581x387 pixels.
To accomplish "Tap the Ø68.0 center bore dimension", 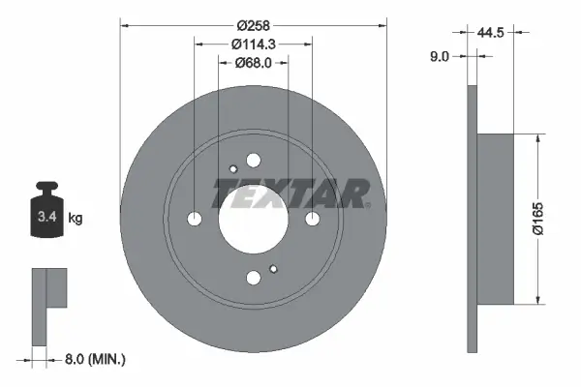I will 253,64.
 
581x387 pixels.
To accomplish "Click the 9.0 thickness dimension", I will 439,57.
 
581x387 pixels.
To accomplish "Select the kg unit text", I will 76,219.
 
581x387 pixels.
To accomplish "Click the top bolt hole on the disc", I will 254,161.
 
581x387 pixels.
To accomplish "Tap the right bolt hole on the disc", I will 312,220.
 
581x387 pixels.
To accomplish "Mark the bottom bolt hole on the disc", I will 254,278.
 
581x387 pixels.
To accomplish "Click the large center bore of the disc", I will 253,220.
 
